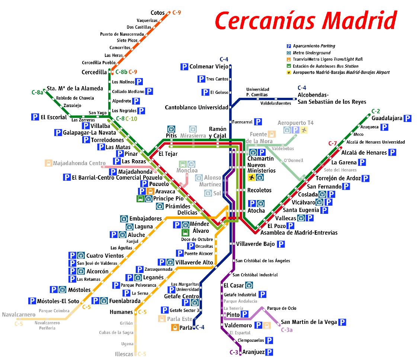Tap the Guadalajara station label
(387, 118)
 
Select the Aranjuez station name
(253, 352)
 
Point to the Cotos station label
(158, 13)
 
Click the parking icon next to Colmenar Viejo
(184, 67)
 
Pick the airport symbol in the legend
(288, 73)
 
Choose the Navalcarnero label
(19, 315)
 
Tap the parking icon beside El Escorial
(35, 117)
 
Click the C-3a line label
(286, 330)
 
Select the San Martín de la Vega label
(309, 322)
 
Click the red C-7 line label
(332, 143)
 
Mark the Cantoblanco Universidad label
(196, 107)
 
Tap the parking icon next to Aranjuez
(269, 352)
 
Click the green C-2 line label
(376, 111)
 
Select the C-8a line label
(37, 92)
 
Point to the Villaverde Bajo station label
(255, 244)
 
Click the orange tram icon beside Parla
(174, 328)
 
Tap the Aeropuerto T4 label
(296, 123)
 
